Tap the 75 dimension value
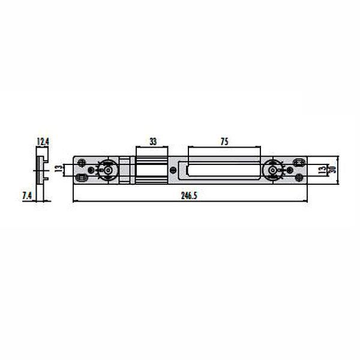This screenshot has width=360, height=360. pos(224,142)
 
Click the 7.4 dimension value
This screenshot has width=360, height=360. pos(28,196)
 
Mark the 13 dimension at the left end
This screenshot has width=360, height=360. pos(58,169)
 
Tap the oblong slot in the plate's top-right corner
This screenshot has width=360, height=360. pos(299,161)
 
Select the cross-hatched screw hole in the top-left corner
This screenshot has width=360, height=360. pos(81,161)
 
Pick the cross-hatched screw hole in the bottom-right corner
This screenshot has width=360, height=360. pos(299,178)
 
